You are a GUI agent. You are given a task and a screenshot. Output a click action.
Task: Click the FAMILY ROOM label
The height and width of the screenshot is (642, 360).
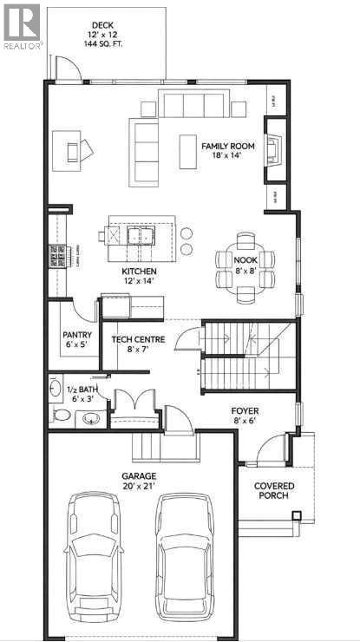pos(228,147)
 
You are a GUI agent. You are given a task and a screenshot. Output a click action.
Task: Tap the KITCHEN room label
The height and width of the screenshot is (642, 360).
pos(139,272)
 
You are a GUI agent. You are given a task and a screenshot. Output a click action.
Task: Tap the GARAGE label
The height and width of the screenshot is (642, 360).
pos(138,476)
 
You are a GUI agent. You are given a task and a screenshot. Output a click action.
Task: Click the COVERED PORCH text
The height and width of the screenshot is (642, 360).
pos(274,490)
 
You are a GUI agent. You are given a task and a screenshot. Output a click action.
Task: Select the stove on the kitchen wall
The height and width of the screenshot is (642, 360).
pos(57,256)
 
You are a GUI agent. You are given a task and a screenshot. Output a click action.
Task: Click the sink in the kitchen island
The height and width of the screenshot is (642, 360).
pos(138,235)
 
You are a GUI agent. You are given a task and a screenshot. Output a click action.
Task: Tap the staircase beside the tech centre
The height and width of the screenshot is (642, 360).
pos(247,351)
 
